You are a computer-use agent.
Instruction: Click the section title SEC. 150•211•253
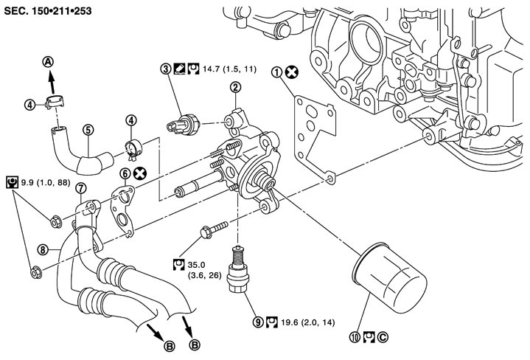48,11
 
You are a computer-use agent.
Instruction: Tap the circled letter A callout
49,62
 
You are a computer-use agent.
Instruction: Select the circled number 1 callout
277,72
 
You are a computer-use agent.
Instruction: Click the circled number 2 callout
235,87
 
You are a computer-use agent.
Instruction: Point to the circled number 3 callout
166,69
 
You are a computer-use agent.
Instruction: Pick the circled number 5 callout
88,130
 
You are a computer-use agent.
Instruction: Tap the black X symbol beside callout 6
139,173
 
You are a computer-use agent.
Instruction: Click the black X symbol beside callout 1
292,72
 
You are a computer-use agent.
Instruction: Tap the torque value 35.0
196,264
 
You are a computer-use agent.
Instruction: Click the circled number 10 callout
355,337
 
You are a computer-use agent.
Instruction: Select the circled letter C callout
383,337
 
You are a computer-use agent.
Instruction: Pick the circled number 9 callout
258,322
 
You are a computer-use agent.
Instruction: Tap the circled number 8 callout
43,249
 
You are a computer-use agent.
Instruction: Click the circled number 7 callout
80,188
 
